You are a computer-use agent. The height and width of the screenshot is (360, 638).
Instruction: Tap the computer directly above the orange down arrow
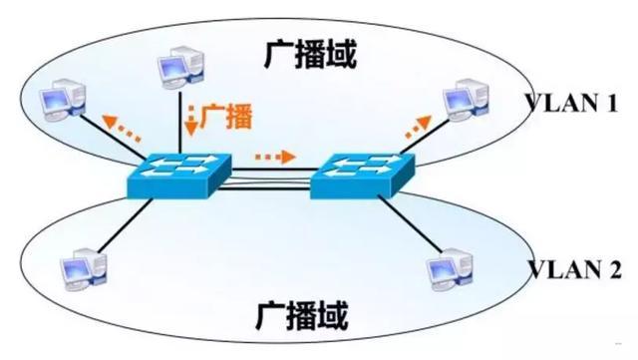coord(185,69)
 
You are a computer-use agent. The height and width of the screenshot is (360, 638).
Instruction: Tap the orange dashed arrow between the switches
coord(275,158)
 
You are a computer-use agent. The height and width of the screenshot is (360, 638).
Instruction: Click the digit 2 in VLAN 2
coord(615,268)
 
